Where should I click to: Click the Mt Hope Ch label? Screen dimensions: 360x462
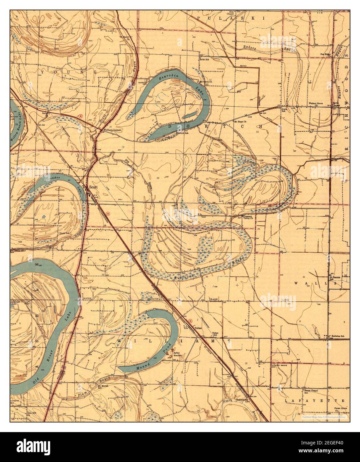[x=240, y=122]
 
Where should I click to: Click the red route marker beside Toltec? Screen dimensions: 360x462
[x=190, y=321]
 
